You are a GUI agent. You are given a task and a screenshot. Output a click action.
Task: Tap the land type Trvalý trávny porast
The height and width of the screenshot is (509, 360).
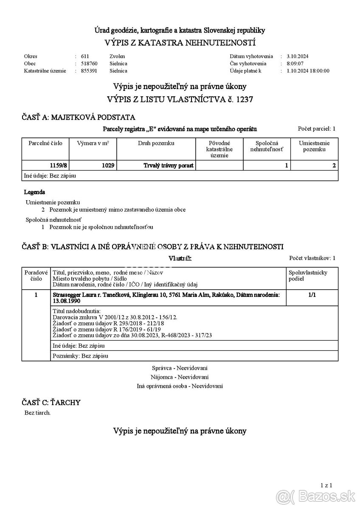169,165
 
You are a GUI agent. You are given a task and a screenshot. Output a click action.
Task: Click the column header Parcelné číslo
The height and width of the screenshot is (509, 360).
45,143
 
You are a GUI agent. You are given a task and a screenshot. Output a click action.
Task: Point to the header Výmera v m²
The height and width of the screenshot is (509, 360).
93,143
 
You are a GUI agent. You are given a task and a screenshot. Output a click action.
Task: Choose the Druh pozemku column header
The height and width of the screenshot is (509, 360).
156,143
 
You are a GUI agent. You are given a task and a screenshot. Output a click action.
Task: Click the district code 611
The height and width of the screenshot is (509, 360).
85,56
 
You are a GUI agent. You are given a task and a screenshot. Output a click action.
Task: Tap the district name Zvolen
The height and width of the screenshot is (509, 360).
117,56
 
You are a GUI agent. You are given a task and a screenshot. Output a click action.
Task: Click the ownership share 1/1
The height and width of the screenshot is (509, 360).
312,295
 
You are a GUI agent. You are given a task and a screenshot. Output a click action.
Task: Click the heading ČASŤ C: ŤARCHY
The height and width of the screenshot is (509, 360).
51,402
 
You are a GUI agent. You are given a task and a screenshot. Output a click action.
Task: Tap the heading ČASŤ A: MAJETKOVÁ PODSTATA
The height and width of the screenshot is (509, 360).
79,117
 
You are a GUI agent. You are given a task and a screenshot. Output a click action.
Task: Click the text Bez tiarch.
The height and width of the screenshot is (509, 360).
37,412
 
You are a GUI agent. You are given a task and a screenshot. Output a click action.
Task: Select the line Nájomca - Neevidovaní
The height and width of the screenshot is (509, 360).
180,377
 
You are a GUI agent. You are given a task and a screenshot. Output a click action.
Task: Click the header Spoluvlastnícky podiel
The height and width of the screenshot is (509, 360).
308,275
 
